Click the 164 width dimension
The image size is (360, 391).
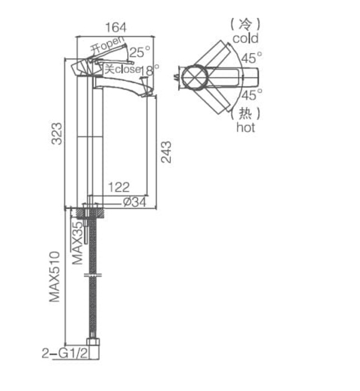click(x=116, y=27)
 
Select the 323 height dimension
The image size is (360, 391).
click(x=56, y=133)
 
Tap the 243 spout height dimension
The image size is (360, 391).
click(x=166, y=152)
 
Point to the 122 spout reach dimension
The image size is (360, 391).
click(x=119, y=187)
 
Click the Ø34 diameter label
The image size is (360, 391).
click(x=135, y=202)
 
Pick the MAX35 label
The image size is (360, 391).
click(x=78, y=243)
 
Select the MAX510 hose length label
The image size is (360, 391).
click(x=55, y=277)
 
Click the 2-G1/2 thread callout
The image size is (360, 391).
click(x=65, y=354)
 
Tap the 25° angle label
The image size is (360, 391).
click(x=140, y=52)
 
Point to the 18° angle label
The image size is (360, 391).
click(x=150, y=70)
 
